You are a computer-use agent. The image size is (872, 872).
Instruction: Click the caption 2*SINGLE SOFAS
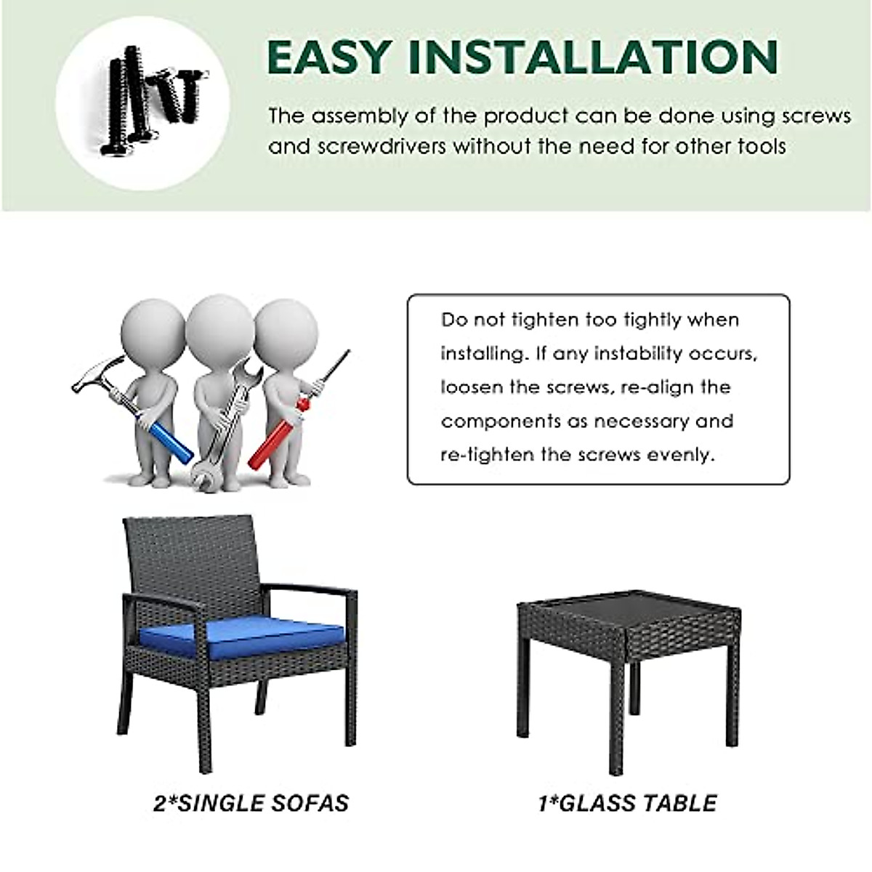[x=251, y=803]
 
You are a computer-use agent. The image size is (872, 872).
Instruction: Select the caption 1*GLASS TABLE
[x=627, y=803]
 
